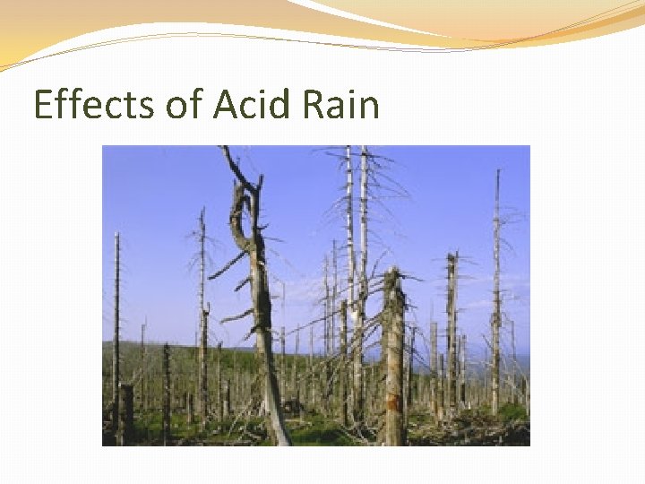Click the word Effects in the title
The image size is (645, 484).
click(x=93, y=105)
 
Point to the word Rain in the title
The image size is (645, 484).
click(x=342, y=105)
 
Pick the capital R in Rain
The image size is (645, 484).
click(x=315, y=105)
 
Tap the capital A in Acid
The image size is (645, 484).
click(x=226, y=105)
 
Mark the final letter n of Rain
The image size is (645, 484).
click(x=370, y=108)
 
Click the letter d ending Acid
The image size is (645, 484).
click(x=281, y=105)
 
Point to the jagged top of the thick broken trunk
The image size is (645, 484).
click(x=391, y=274)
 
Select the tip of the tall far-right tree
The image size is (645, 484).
click(x=497, y=172)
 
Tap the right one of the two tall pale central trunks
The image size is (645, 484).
click(x=364, y=224)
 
